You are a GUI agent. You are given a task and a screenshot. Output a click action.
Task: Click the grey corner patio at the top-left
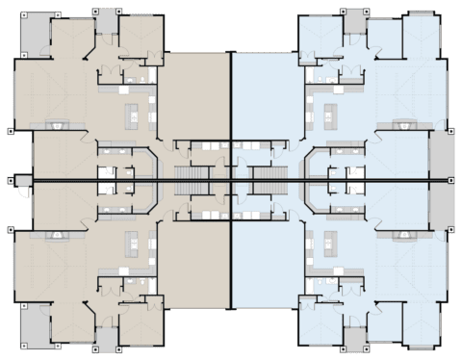(x=35, y=36)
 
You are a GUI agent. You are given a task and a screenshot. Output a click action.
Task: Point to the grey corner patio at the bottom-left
(x=35, y=324)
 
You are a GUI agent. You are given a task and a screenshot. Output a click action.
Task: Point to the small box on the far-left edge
(x=11, y=179)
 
